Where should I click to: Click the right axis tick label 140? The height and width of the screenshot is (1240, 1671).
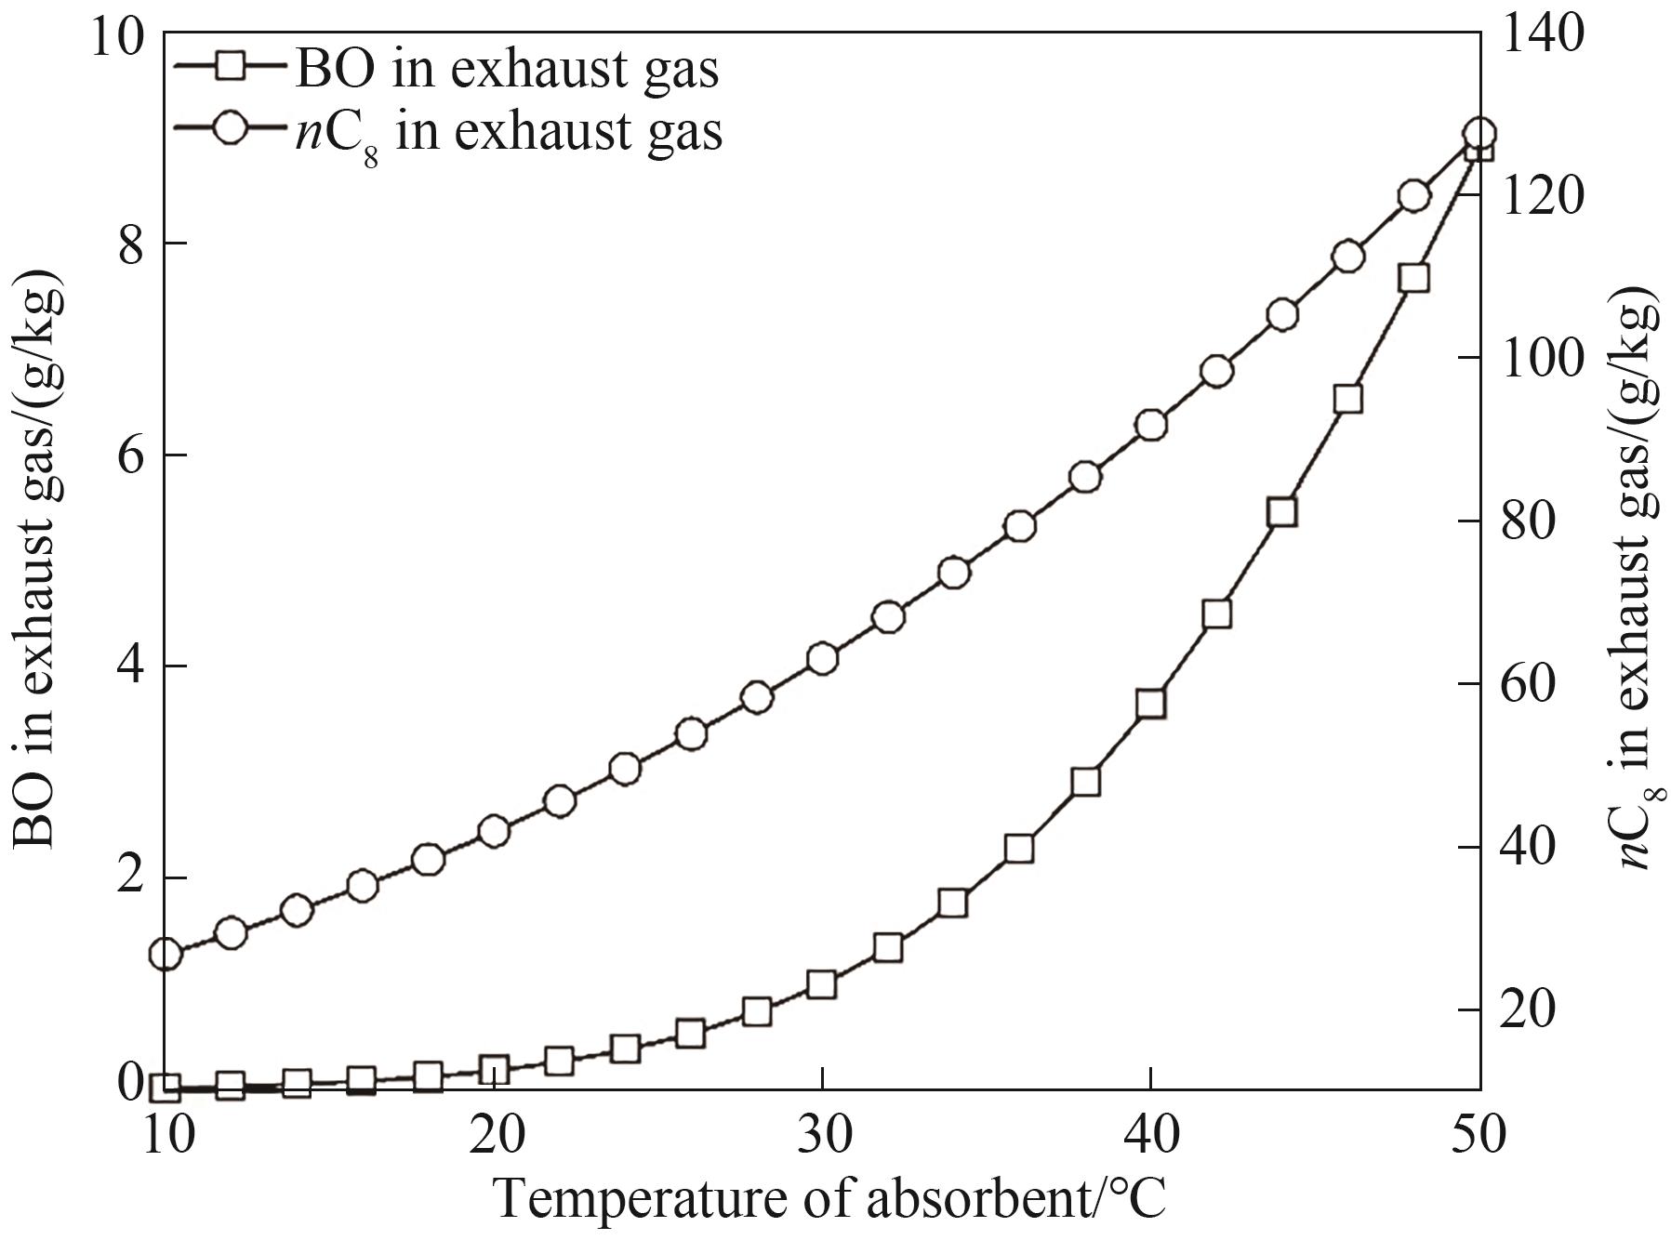tap(1545, 33)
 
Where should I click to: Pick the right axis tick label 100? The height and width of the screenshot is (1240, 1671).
tap(1545, 359)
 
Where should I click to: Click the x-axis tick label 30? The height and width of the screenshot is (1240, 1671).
tap(822, 1136)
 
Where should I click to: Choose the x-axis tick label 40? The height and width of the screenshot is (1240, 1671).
tap(1151, 1136)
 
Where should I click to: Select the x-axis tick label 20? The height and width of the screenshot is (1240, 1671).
tap(494, 1136)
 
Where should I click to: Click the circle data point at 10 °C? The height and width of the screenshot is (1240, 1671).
tap(166, 954)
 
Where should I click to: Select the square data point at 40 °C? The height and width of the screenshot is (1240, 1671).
tap(1151, 704)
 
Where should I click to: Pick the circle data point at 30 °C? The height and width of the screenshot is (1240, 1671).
tap(822, 659)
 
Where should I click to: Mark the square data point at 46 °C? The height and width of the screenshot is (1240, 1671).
tap(1347, 400)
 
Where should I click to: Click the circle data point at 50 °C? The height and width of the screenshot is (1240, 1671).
tap(1479, 133)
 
